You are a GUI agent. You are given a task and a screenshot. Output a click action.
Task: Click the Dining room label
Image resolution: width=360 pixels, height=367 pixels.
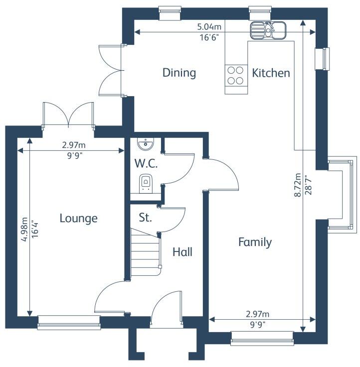click(179, 73)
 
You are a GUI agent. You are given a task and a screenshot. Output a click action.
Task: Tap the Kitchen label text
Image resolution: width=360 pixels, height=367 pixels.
click(271, 73)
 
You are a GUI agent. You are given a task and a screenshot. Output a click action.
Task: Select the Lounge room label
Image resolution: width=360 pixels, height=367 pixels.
click(78, 218)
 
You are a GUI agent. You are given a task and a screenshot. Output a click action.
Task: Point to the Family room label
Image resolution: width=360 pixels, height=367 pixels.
click(255, 243)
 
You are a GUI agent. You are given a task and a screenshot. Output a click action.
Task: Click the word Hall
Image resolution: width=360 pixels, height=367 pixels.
click(182, 252)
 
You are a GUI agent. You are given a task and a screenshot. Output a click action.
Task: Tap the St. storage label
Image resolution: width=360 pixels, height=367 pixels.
click(145, 218)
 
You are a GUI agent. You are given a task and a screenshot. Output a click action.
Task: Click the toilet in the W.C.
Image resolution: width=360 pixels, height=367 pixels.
click(146, 183)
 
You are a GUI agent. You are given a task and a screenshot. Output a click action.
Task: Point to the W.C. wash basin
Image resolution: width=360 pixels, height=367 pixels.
click(145, 144)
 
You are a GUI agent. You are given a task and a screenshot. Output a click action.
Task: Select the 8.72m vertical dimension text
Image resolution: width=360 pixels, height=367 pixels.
click(297, 185)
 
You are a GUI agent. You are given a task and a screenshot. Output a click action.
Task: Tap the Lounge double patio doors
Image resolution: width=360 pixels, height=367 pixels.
click(69, 115)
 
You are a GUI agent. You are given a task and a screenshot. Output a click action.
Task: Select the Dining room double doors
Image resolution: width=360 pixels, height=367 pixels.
click(110, 70)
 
